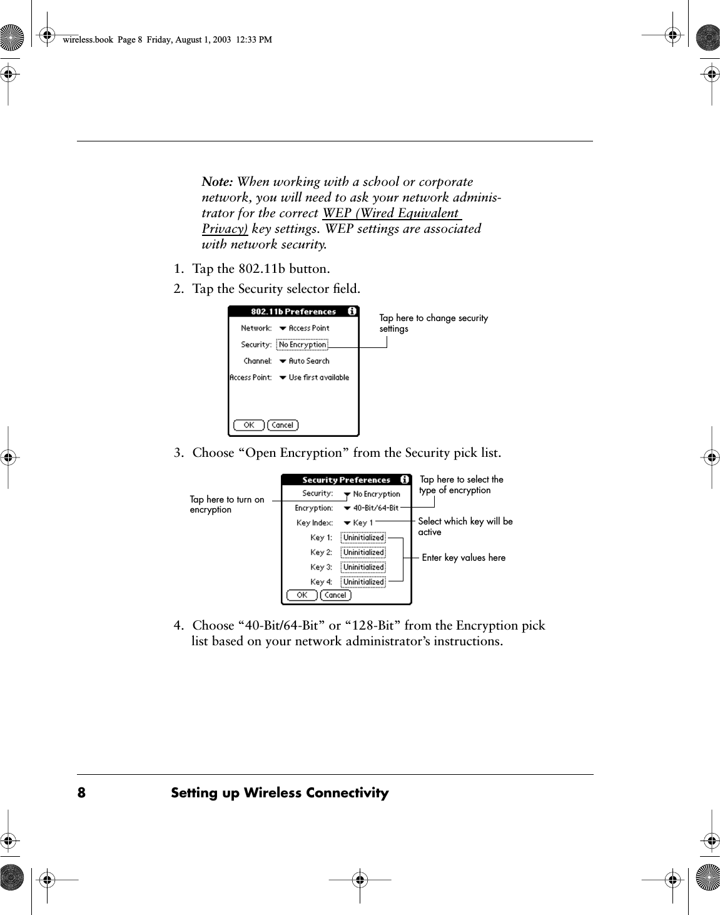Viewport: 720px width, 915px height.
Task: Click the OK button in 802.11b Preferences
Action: click(248, 425)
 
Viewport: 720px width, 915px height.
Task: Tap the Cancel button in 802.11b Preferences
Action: click(283, 425)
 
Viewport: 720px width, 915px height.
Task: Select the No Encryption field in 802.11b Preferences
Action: click(302, 345)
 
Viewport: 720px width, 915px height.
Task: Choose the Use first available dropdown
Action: click(314, 377)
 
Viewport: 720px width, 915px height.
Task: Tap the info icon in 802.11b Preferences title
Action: click(352, 311)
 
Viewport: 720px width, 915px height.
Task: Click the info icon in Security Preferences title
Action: click(405, 479)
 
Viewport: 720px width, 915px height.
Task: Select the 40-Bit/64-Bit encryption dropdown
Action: click(371, 508)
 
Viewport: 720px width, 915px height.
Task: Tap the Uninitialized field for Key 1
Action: click(363, 538)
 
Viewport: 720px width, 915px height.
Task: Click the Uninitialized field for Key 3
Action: click(363, 567)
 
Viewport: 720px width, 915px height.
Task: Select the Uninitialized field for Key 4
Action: click(363, 582)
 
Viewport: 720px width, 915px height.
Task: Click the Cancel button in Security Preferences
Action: click(335, 595)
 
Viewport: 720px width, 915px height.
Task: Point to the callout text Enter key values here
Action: click(464, 558)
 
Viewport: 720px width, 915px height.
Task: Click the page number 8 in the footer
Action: click(81, 793)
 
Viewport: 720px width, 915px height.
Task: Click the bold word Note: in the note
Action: click(217, 182)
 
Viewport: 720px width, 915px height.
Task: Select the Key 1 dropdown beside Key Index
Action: click(358, 523)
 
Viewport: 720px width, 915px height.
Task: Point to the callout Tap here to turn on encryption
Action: click(226, 504)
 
